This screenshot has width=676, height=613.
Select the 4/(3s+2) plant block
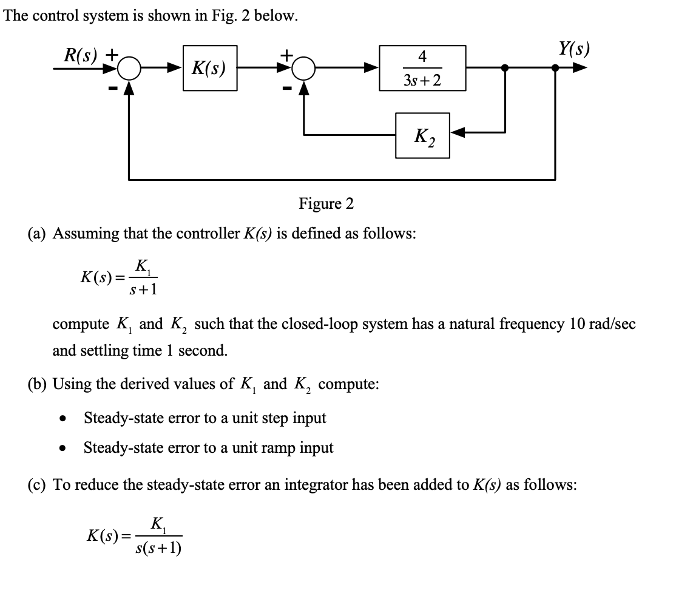422,68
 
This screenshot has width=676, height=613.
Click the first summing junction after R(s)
129,69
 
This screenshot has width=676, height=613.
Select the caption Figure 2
326,203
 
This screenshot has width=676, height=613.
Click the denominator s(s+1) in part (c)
160,547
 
